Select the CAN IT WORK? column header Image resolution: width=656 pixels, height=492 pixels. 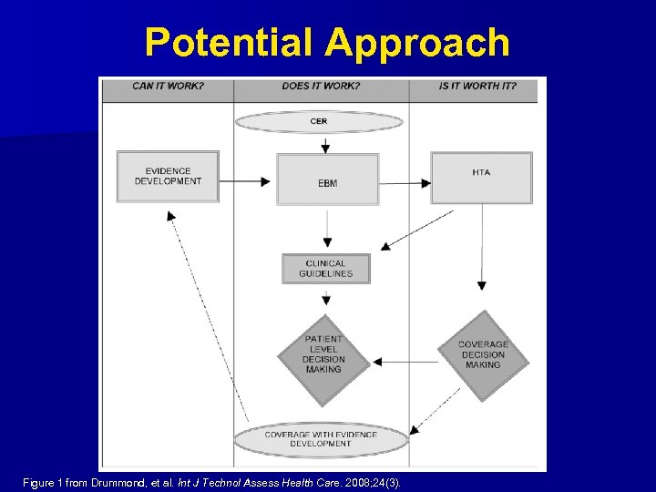tap(168, 87)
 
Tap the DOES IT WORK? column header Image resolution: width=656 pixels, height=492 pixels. tap(321, 87)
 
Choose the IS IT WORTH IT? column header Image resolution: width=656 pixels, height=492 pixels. tap(477, 87)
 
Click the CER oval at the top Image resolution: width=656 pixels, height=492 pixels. tap(318, 121)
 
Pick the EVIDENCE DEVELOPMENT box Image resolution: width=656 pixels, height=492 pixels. tap(168, 176)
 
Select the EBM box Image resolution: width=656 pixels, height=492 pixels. tap(327, 179)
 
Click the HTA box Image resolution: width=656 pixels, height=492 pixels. tap(481, 177)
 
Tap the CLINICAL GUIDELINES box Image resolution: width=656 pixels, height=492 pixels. tap(325, 269)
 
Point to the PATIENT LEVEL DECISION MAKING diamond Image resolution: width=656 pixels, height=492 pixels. tap(323, 355)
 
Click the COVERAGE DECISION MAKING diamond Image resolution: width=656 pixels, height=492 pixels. tap(483, 355)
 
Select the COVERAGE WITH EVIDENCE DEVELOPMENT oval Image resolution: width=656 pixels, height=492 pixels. tap(321, 439)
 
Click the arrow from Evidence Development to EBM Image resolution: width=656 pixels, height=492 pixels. tap(247, 181)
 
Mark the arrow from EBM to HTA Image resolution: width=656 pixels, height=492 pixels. tap(405, 181)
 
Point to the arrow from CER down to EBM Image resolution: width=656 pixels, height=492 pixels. tap(325, 143)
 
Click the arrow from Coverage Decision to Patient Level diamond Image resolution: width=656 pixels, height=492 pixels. tap(405, 362)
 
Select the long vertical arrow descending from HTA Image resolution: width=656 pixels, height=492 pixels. tap(482, 246)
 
